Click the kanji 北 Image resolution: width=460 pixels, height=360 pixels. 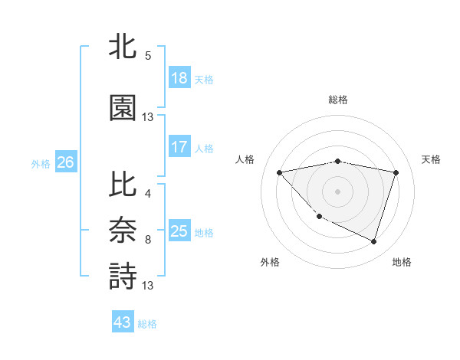(x=123, y=47)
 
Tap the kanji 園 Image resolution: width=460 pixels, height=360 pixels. (x=123, y=108)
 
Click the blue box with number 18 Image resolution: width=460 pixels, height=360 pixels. (x=179, y=78)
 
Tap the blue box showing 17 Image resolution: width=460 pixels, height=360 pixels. (x=179, y=147)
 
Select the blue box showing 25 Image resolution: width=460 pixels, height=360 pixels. (x=179, y=231)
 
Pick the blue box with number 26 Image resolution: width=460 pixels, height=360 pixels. (x=65, y=162)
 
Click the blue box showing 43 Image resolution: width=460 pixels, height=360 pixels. (x=122, y=322)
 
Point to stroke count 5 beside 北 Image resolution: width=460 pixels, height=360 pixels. (x=148, y=55)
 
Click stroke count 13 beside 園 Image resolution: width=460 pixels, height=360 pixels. (x=148, y=117)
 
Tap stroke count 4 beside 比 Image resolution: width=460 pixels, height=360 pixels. (x=148, y=194)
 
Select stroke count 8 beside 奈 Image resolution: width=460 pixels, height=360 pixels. (x=148, y=240)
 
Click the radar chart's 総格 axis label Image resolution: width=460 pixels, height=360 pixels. (x=338, y=100)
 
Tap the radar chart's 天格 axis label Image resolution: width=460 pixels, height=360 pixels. (x=432, y=159)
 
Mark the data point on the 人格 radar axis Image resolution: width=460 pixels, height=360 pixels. (x=280, y=172)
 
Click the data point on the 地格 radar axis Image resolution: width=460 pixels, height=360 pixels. (x=373, y=241)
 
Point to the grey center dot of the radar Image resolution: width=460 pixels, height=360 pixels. (x=338, y=191)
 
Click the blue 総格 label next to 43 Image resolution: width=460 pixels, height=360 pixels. (x=147, y=324)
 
